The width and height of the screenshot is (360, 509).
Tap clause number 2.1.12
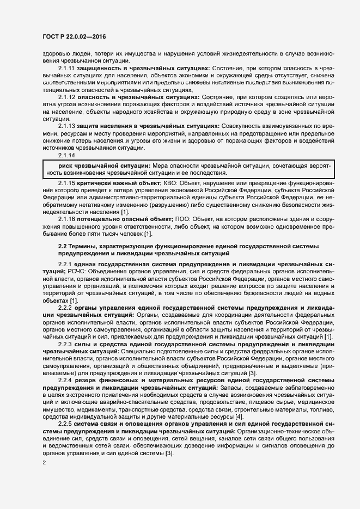[x=66, y=96]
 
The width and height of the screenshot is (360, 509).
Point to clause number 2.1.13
[x=66, y=126]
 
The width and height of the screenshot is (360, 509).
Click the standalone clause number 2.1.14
[x=66, y=155]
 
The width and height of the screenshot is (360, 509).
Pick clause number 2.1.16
[x=66, y=218]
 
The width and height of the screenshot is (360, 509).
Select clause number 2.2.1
[x=65, y=263]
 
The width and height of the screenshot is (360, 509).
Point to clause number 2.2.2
[x=65, y=308]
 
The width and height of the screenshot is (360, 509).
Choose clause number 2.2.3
[x=65, y=345]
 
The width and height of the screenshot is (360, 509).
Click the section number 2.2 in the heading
[x=63, y=247]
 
